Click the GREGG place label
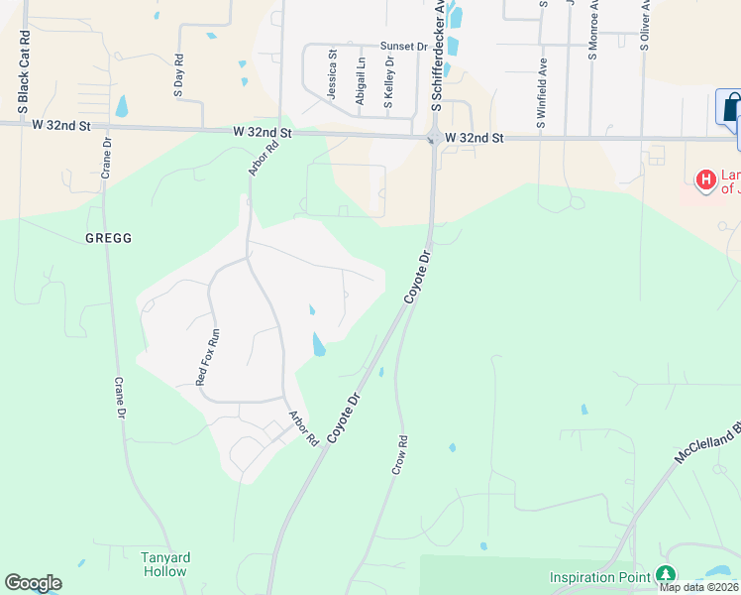108,239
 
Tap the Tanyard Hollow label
163,564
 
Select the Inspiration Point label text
600,576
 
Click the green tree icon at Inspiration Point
667,575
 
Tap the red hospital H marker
706,179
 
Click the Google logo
33,583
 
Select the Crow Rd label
400,453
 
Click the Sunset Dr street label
403,47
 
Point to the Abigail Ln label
361,83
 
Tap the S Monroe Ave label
593,30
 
